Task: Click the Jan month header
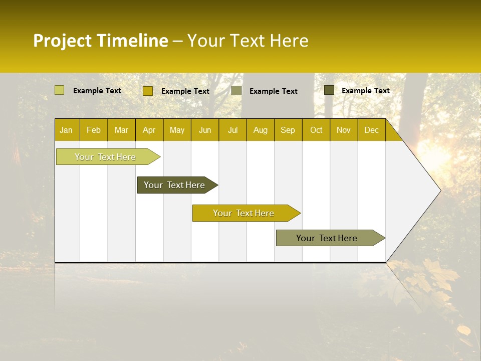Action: point(67,130)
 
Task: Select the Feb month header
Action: point(94,130)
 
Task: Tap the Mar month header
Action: point(121,130)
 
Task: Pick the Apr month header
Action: point(149,130)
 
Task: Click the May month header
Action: point(177,130)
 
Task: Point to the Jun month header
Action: point(205,130)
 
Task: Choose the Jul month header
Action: point(232,130)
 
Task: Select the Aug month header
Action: point(261,130)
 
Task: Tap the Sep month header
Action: point(288,130)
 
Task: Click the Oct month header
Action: point(316,130)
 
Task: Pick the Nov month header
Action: point(344,130)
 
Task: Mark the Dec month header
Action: point(372,130)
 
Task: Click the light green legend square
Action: point(60,90)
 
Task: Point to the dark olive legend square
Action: point(329,90)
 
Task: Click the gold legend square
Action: point(148,91)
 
